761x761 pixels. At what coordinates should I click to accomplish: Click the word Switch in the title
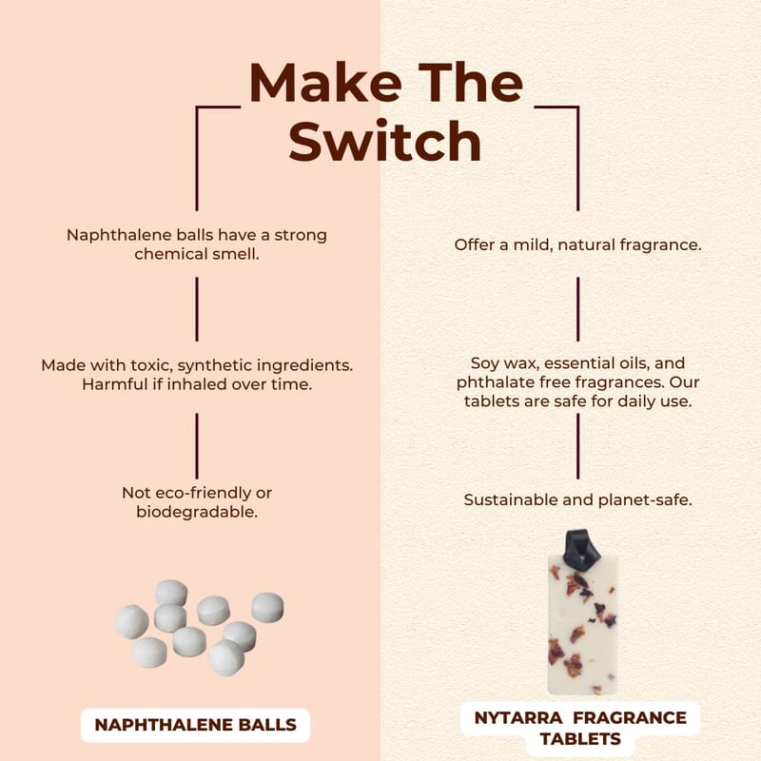tap(385, 141)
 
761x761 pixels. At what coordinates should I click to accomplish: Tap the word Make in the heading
tap(325, 83)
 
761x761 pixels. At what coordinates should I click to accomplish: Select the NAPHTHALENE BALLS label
tap(195, 725)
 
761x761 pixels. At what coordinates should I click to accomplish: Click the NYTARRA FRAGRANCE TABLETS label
tap(580, 728)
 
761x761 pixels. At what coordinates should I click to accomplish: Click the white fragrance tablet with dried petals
tap(582, 625)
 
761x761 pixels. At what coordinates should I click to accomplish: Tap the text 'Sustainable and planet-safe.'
tap(578, 499)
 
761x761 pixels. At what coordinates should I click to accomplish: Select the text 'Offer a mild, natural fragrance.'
tap(577, 244)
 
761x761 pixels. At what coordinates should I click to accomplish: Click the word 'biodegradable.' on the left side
tap(197, 512)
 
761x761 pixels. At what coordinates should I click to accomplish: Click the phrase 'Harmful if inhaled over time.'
tap(197, 384)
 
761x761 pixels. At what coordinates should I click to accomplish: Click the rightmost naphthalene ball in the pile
tap(267, 607)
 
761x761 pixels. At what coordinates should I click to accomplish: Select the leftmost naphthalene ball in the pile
tap(131, 622)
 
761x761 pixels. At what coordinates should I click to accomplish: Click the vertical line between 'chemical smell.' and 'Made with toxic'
tap(197, 309)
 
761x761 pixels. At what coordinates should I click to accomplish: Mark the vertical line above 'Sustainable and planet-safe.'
tap(577, 446)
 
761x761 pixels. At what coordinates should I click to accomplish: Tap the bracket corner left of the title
tap(197, 107)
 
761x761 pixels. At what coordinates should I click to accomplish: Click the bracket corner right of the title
tap(577, 107)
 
